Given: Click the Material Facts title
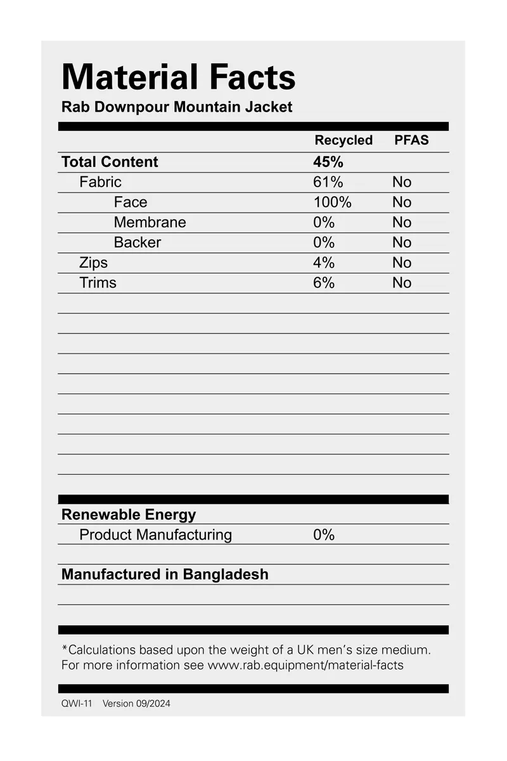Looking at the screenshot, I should pyautogui.click(x=178, y=77).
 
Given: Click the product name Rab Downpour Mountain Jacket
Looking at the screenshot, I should pyautogui.click(x=177, y=107).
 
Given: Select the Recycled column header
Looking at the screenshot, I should pyautogui.click(x=343, y=140).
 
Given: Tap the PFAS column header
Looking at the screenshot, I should pyautogui.click(x=411, y=140).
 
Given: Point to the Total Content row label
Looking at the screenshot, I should pyautogui.click(x=110, y=162).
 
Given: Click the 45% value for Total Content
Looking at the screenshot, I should pyautogui.click(x=328, y=162).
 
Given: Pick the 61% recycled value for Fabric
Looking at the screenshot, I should pyautogui.click(x=328, y=182).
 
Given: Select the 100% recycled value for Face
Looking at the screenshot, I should pyautogui.click(x=332, y=202).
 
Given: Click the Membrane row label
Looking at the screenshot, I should pyautogui.click(x=150, y=222).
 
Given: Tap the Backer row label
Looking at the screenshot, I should pyautogui.click(x=137, y=242).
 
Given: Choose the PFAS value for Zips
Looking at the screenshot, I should pyautogui.click(x=401, y=263).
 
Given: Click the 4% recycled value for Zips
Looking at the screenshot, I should pyautogui.click(x=324, y=263).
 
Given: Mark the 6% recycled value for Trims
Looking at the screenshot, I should pyautogui.click(x=324, y=283).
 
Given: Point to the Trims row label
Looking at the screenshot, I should pyautogui.click(x=98, y=283).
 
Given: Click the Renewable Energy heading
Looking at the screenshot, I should pyautogui.click(x=129, y=515).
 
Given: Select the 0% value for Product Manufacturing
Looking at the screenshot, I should pyautogui.click(x=324, y=535).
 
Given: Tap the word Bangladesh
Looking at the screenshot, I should pyautogui.click(x=226, y=574).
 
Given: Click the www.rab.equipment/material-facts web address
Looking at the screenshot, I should pyautogui.click(x=305, y=665).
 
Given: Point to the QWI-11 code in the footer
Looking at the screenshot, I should pyautogui.click(x=77, y=703).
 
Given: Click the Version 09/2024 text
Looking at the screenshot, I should pyautogui.click(x=136, y=703).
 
